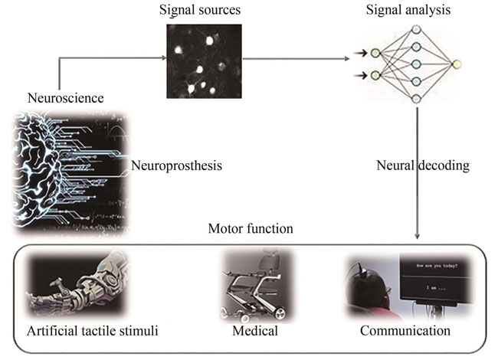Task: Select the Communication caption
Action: (406, 331)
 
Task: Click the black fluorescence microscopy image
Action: (204, 61)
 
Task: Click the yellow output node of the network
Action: (457, 64)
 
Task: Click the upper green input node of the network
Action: (376, 53)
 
